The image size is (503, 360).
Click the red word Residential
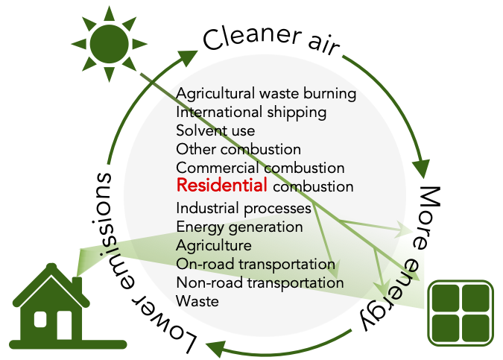tap(221, 185)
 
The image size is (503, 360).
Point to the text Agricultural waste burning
tap(266, 95)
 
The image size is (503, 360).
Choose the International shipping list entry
tap(251, 113)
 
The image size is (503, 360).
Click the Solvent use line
tap(215, 131)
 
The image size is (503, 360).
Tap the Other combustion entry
tap(238, 149)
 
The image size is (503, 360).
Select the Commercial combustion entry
tap(260, 168)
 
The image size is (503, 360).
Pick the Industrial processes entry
tap(244, 208)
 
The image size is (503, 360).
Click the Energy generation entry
tap(239, 227)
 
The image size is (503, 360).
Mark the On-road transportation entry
tap(256, 264)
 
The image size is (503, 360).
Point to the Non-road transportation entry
tap(260, 282)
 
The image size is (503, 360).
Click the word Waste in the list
tap(197, 301)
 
